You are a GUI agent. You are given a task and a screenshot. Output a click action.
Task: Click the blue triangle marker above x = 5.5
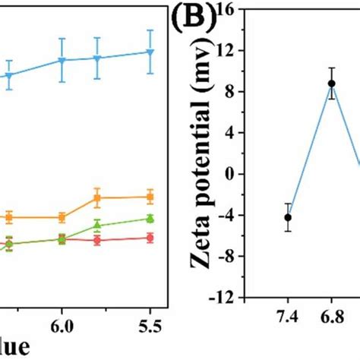[150, 52]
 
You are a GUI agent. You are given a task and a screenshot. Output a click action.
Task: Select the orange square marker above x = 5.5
[150, 197]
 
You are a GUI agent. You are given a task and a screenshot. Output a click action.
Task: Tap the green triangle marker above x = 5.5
[150, 219]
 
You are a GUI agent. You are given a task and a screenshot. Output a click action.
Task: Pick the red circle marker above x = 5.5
[150, 238]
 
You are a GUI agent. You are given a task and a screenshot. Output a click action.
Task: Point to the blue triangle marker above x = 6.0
[63, 60]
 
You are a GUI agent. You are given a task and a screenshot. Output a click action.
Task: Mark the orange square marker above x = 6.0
[63, 217]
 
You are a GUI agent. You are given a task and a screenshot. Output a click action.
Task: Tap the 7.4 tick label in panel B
[288, 314]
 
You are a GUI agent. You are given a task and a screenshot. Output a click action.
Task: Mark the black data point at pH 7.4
[288, 217]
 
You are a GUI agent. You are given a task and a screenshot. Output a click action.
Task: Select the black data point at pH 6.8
[331, 84]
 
